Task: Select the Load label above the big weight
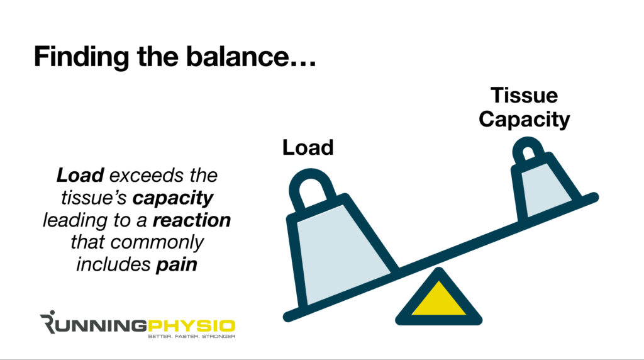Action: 308,147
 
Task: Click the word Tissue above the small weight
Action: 524,96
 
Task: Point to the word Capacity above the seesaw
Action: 524,119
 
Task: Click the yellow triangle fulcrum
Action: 439,299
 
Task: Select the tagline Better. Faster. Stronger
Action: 191,337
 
